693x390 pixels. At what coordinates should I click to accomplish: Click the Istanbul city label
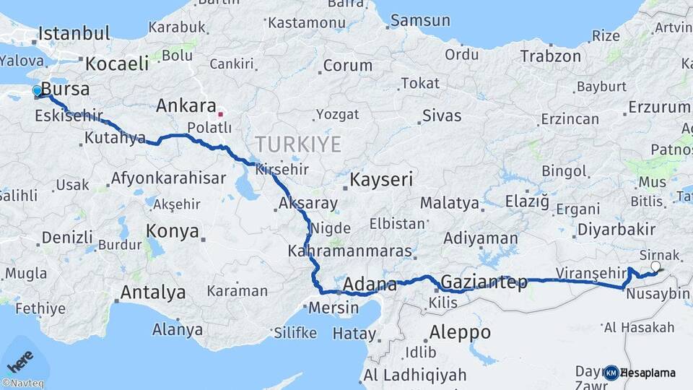(x=74, y=33)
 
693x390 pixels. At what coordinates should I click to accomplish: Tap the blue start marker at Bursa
(x=38, y=91)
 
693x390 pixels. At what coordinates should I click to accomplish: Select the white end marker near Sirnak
(x=655, y=266)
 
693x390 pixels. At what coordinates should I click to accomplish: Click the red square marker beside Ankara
(x=221, y=113)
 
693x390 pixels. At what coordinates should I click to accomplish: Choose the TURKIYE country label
(x=297, y=144)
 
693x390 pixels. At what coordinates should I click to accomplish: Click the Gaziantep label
(x=484, y=282)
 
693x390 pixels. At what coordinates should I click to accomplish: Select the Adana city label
(x=370, y=284)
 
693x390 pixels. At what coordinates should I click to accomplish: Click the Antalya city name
(x=152, y=292)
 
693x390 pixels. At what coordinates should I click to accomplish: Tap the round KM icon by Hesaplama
(x=611, y=373)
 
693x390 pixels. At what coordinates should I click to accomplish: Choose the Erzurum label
(x=658, y=108)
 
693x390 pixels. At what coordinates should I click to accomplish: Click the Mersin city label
(x=333, y=308)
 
